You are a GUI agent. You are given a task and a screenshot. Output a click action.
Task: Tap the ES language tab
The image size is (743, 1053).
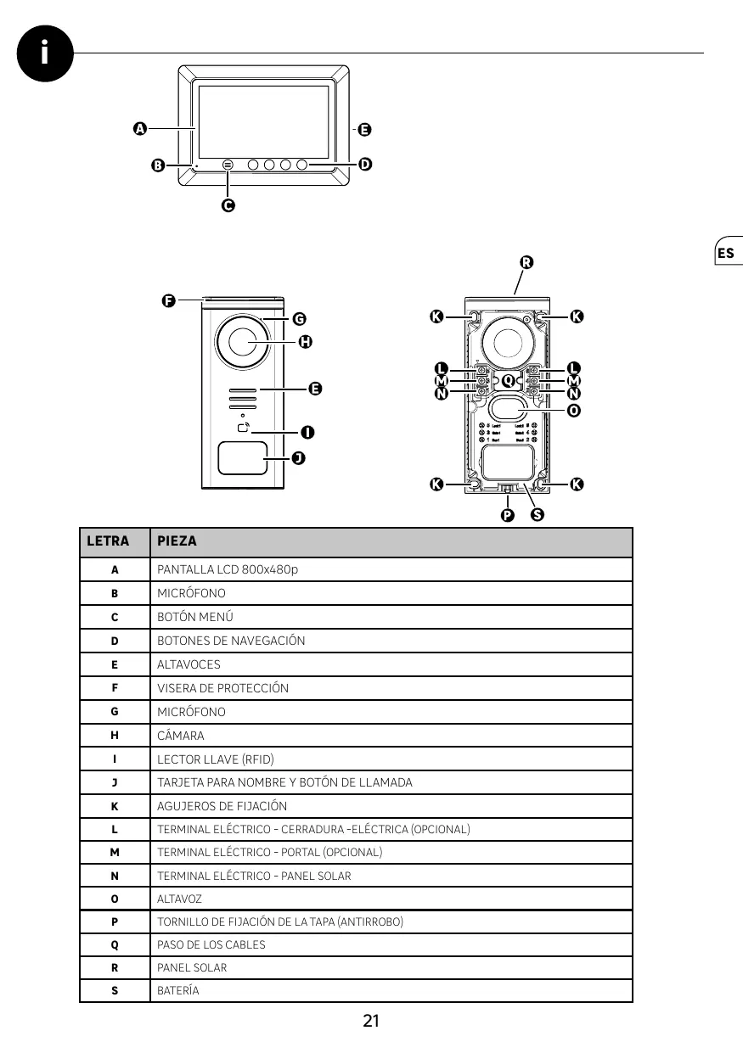pos(726,253)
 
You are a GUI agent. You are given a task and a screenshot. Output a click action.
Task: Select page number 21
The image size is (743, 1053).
pos(370,1021)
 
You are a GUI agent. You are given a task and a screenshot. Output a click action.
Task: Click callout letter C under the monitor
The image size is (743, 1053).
pos(228,205)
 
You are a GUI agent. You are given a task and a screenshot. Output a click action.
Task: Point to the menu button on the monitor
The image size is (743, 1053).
pos(228,164)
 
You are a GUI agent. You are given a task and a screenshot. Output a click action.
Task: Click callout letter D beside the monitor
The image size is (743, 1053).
pos(365,164)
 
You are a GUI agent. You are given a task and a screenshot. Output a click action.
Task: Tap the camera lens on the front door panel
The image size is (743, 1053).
pos(242,343)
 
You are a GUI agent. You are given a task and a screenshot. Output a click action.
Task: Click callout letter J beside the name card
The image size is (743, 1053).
pos(298,458)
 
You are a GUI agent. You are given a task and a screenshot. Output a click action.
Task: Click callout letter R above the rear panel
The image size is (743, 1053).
pos(526,262)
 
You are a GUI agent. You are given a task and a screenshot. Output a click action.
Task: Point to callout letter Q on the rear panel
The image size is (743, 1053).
pos(508,380)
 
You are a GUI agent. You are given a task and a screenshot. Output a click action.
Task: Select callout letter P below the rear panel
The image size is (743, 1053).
pos(507,514)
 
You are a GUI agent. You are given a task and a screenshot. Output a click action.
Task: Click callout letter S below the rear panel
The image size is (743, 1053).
pos(537,514)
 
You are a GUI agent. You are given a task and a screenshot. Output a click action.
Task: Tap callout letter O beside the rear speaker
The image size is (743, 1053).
pos(574,410)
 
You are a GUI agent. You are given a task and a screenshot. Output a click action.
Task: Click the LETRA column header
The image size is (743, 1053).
pos(108,541)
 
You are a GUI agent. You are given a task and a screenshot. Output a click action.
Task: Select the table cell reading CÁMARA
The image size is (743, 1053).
pos(181,736)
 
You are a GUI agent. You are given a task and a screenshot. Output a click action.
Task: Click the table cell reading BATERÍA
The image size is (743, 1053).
pos(178,990)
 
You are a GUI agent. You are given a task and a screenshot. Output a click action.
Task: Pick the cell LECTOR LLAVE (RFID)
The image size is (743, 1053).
pos(216,759)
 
